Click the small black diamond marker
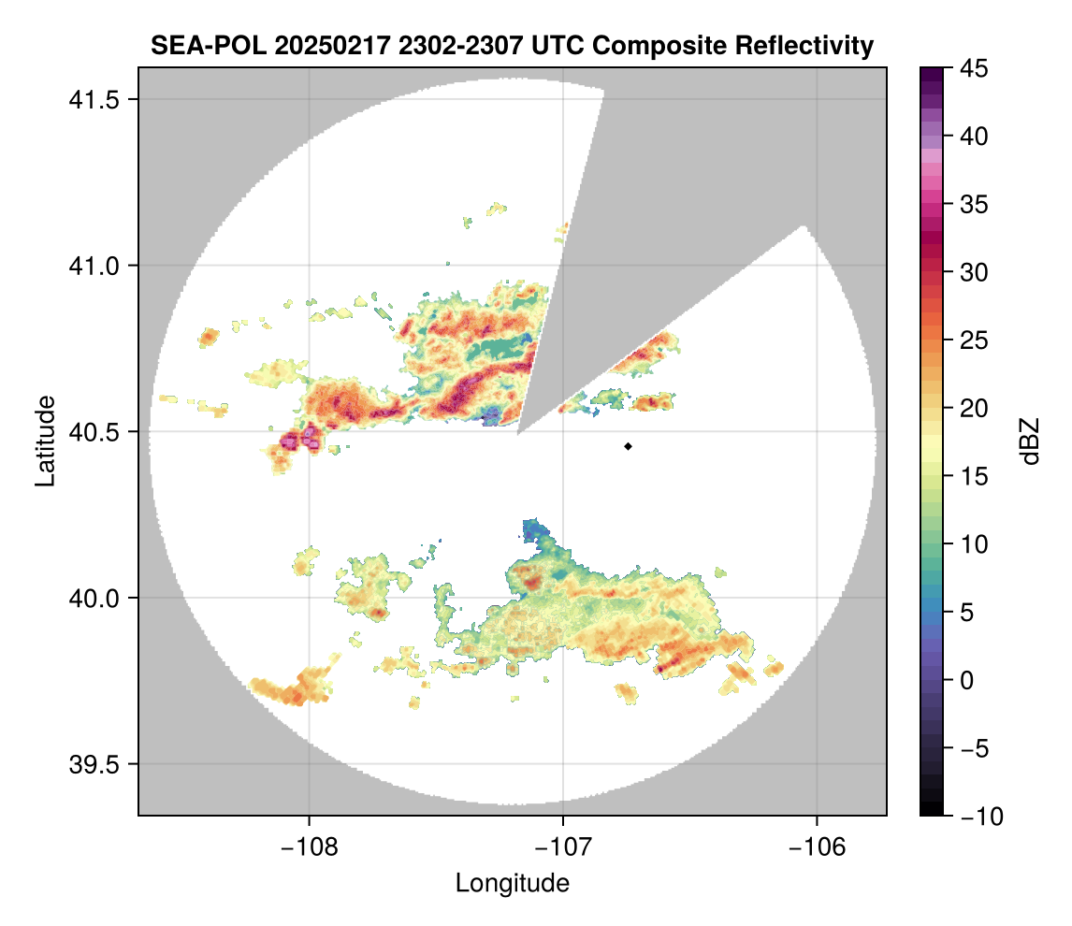(629, 446)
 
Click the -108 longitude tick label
(309, 846)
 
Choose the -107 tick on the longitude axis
(563, 846)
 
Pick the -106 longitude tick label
(818, 846)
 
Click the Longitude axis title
(512, 883)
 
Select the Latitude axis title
(44, 441)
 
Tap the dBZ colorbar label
(1030, 441)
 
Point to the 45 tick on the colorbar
(973, 68)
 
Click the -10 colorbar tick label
(978, 817)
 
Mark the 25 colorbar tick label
(973, 340)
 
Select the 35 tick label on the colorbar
(973, 204)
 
